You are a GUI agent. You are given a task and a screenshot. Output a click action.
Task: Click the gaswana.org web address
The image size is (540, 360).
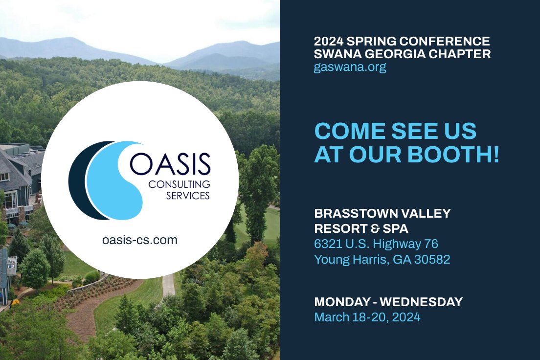(350, 67)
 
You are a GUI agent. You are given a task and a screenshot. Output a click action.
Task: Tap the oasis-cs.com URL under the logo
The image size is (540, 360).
(139, 240)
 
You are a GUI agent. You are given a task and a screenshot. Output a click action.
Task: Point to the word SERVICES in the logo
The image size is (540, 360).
(187, 195)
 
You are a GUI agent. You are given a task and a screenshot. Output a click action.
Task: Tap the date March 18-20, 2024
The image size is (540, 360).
(367, 317)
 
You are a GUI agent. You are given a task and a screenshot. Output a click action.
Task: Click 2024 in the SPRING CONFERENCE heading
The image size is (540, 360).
(330, 41)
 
